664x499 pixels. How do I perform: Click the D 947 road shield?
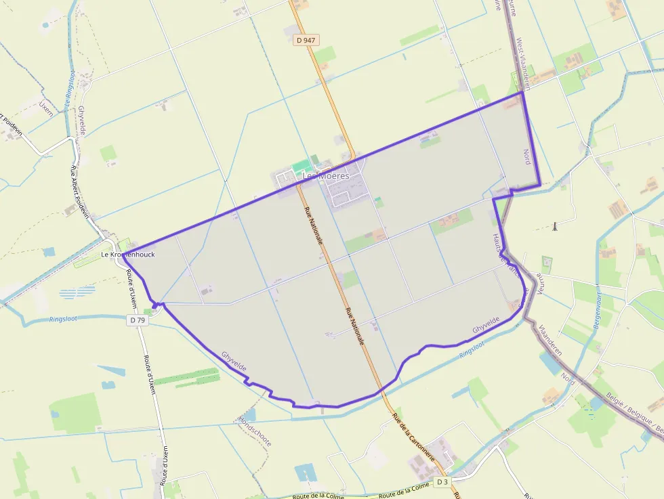point(306,40)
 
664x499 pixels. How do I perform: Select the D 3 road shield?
point(442,481)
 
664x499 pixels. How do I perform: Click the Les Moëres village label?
point(326,176)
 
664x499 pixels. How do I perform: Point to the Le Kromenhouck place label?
point(128,255)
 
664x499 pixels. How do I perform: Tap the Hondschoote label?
point(255,431)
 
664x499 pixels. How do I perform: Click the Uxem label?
point(46,108)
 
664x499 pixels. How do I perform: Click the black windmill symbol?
point(555,225)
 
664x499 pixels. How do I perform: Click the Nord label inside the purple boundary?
point(527,157)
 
